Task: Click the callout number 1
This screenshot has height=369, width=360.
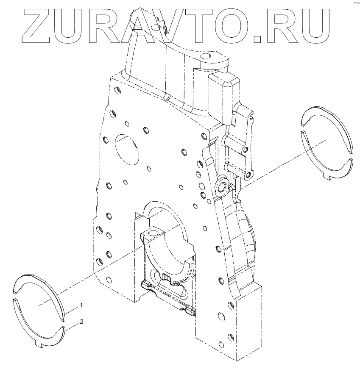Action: [x=81, y=305]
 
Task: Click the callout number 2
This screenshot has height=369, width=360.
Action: [x=81, y=322]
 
